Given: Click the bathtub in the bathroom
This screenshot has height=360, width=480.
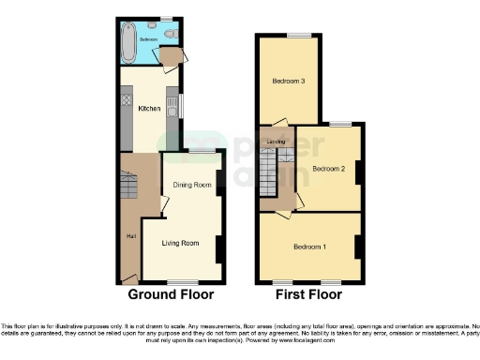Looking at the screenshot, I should pos(129,41).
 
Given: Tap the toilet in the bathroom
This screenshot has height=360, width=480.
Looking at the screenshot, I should pos(166,35).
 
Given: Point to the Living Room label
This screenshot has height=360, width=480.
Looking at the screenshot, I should pos(182,243).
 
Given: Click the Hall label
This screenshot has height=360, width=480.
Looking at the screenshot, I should pos(131,235).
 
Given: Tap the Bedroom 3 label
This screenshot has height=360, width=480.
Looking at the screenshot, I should pos(289,81).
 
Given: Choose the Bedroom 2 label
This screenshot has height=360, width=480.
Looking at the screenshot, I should pos(328,169).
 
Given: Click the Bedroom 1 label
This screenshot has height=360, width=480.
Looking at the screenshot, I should pos(310,247).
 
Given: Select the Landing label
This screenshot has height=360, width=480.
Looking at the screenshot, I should pos(276,142).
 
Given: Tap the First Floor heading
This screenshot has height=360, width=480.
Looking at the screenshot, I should pos(310,294).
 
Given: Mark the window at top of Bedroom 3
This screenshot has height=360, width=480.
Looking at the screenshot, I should pos(298,36).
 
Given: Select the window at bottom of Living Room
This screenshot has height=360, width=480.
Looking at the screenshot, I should pos(182,282).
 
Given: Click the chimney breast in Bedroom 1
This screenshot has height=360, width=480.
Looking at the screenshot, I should pos(357,246).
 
